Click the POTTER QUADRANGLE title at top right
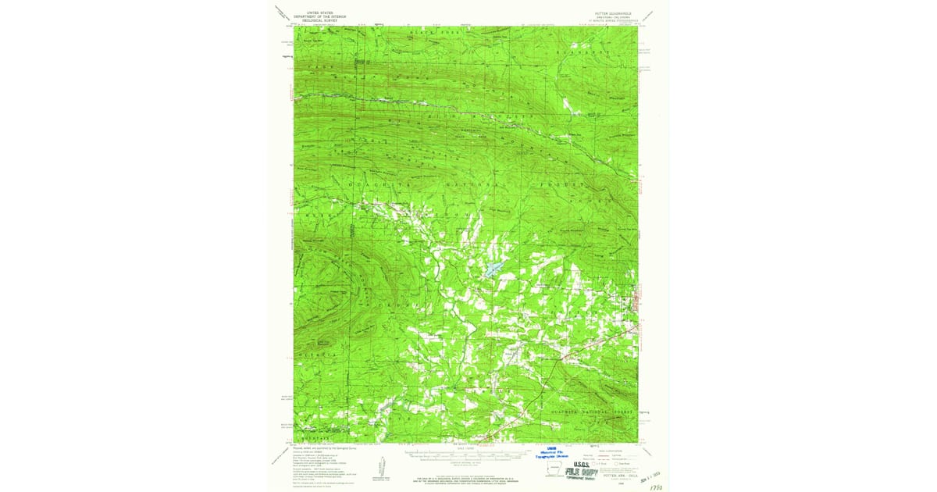point(616,13)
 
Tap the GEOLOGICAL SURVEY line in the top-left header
point(320,20)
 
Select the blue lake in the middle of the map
point(490,271)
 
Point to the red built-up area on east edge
point(638,300)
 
